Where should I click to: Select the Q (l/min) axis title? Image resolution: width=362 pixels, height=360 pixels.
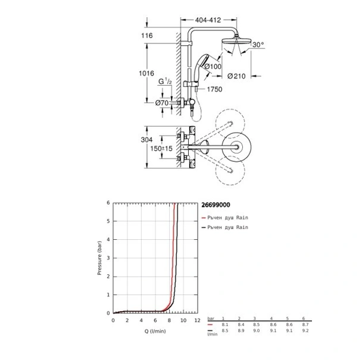(154, 331)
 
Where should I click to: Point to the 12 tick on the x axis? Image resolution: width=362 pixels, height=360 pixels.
(197, 321)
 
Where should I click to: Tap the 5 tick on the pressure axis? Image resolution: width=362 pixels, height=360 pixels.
(108, 221)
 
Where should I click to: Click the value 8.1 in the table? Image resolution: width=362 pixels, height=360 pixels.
(223, 325)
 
